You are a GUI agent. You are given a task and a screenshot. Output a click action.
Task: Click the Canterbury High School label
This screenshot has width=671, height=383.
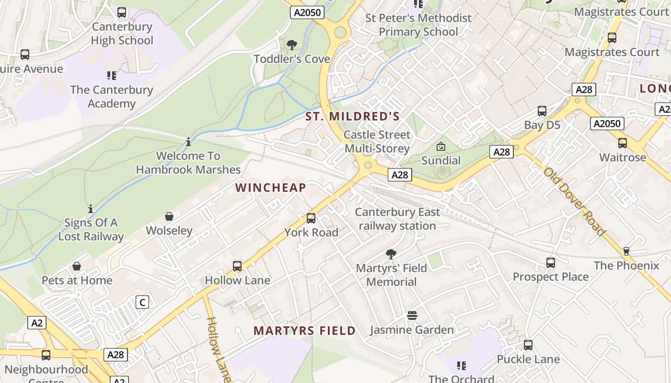(122, 34)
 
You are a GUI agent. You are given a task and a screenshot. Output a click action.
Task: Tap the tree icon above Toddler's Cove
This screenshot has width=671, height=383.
(291, 45)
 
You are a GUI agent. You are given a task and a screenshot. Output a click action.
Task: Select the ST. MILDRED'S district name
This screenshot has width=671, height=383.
(353, 116)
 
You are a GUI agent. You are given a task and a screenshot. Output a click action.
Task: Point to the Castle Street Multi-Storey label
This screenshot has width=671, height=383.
(377, 142)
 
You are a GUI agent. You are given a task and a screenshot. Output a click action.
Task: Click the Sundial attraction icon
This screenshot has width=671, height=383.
(440, 147)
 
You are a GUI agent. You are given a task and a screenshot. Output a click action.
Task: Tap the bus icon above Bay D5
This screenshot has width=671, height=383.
(542, 111)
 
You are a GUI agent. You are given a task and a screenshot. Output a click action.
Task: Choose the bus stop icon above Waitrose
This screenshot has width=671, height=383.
(622, 143)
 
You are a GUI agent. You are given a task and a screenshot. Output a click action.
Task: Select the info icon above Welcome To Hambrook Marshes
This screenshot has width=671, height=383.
(188, 142)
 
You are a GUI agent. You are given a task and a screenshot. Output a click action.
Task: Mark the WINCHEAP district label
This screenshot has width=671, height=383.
(271, 188)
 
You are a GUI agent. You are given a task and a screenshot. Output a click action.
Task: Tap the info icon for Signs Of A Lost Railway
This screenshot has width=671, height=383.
(91, 209)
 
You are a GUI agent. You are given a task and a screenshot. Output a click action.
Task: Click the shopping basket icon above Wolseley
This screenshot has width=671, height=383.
(169, 217)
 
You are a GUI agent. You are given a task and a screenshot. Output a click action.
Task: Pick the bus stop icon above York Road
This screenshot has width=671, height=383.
(311, 219)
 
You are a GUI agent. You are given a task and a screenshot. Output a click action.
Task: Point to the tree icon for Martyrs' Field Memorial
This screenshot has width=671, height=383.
(391, 254)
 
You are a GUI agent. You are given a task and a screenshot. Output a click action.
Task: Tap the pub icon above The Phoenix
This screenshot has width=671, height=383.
(626, 251)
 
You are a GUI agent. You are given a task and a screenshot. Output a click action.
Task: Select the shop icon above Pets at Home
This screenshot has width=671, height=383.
(77, 267)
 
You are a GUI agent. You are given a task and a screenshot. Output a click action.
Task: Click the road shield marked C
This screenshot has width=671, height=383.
(142, 303)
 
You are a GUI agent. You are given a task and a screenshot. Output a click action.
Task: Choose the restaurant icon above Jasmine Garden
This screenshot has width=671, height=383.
(412, 315)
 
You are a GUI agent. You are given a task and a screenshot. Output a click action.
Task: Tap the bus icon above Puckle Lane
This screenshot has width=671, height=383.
(528, 345)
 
